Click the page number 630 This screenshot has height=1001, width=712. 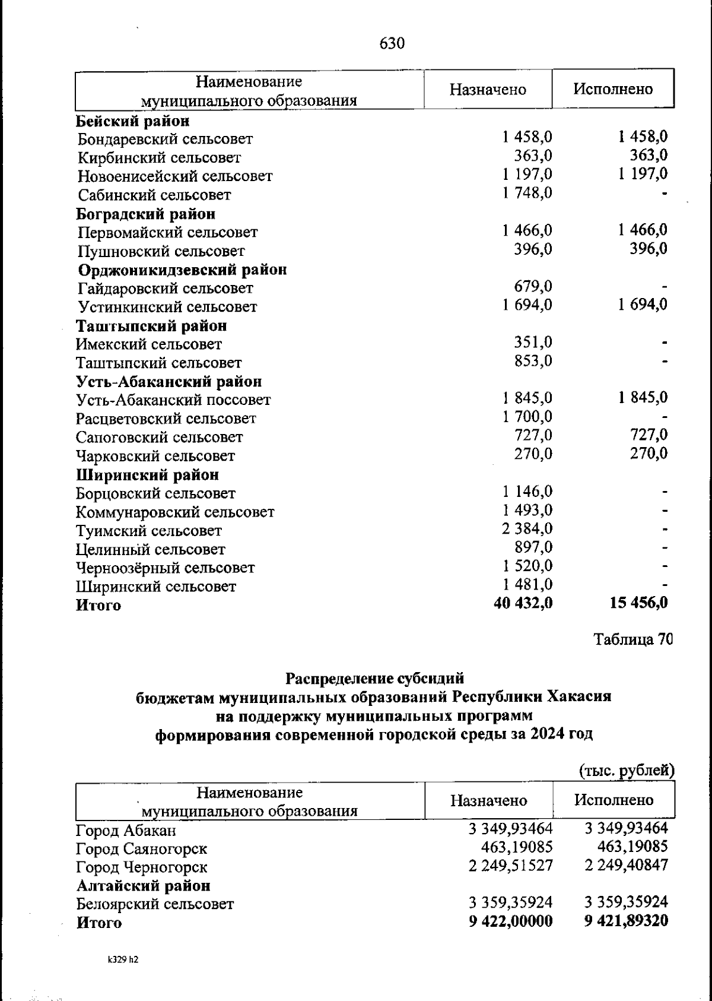(x=392, y=43)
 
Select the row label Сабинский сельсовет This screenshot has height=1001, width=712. (x=154, y=195)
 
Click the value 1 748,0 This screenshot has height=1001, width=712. (x=527, y=192)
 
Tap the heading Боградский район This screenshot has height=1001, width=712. (x=146, y=214)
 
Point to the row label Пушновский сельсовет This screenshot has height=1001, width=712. (x=161, y=251)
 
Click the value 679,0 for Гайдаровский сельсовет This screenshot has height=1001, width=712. (x=533, y=286)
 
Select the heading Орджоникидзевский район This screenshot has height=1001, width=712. (x=183, y=270)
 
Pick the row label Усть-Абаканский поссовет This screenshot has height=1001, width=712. (x=173, y=400)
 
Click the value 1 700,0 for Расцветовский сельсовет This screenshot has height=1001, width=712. (x=527, y=416)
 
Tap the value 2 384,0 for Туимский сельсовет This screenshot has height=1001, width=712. (x=527, y=528)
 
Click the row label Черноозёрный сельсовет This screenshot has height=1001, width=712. (x=166, y=568)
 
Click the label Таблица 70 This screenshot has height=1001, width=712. (x=633, y=639)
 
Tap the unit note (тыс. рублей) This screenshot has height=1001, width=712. (x=627, y=771)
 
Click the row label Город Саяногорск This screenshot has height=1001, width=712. (x=142, y=849)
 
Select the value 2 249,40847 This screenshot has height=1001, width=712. (x=626, y=865)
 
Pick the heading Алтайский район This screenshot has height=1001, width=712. (x=144, y=886)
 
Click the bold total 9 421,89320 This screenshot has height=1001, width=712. (x=626, y=921)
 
